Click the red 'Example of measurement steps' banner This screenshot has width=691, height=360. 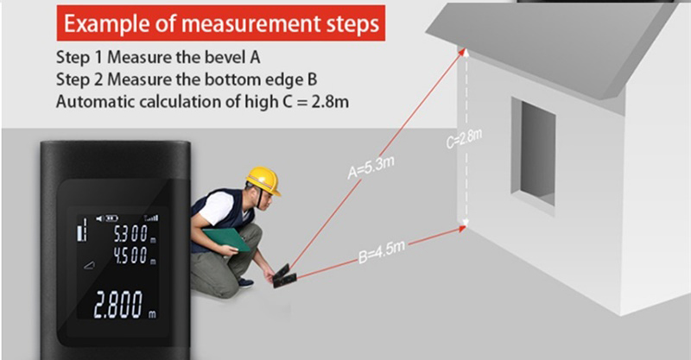221,23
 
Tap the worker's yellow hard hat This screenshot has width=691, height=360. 263,180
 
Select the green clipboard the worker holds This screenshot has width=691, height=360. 226,239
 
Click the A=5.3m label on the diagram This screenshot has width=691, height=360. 371,167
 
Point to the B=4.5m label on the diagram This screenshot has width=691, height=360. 382,252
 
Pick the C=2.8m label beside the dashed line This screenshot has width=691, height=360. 464,138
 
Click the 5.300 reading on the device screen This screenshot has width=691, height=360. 131,235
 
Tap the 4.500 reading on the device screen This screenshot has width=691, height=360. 131,256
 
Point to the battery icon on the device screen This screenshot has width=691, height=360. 112,218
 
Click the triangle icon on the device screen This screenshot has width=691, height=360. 90,265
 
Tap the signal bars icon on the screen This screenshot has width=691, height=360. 151,218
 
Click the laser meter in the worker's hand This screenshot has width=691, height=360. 284,276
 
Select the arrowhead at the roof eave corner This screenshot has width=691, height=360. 461,53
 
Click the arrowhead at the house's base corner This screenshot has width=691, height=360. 461,229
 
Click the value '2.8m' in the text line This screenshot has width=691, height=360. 330,102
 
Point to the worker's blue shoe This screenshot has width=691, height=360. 245,282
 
